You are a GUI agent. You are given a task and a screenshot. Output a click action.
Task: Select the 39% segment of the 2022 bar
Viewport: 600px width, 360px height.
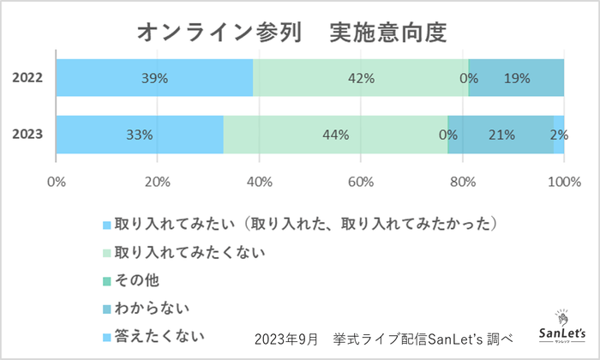point(155,78)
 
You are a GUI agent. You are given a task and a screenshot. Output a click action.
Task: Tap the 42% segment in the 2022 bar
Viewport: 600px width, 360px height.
point(361,78)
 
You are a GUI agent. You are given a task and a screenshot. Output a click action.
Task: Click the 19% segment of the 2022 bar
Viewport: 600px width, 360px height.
point(517,78)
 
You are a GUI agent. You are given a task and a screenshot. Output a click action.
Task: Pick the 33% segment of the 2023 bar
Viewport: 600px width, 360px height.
point(140,135)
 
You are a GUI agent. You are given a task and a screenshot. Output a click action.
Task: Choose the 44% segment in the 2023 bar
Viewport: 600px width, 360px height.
point(335,135)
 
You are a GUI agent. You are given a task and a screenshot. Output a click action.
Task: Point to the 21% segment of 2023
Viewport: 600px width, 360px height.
point(501,135)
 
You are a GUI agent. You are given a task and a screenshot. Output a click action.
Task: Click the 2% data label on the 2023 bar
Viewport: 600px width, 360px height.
point(559,135)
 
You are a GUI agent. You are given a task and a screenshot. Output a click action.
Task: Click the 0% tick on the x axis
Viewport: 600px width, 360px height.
point(57,181)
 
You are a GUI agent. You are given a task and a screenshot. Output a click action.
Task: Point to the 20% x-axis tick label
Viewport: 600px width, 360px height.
point(158,181)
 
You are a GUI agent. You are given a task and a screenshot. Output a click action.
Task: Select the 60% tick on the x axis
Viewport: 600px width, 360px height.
point(360,181)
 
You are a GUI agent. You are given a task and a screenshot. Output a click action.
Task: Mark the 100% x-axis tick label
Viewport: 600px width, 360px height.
point(562,181)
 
